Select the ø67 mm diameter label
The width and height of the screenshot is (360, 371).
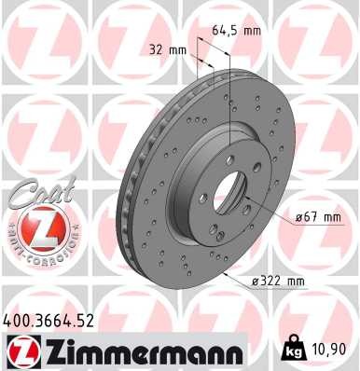coord(319,217)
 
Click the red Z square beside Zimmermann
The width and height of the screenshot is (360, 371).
coord(21,350)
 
